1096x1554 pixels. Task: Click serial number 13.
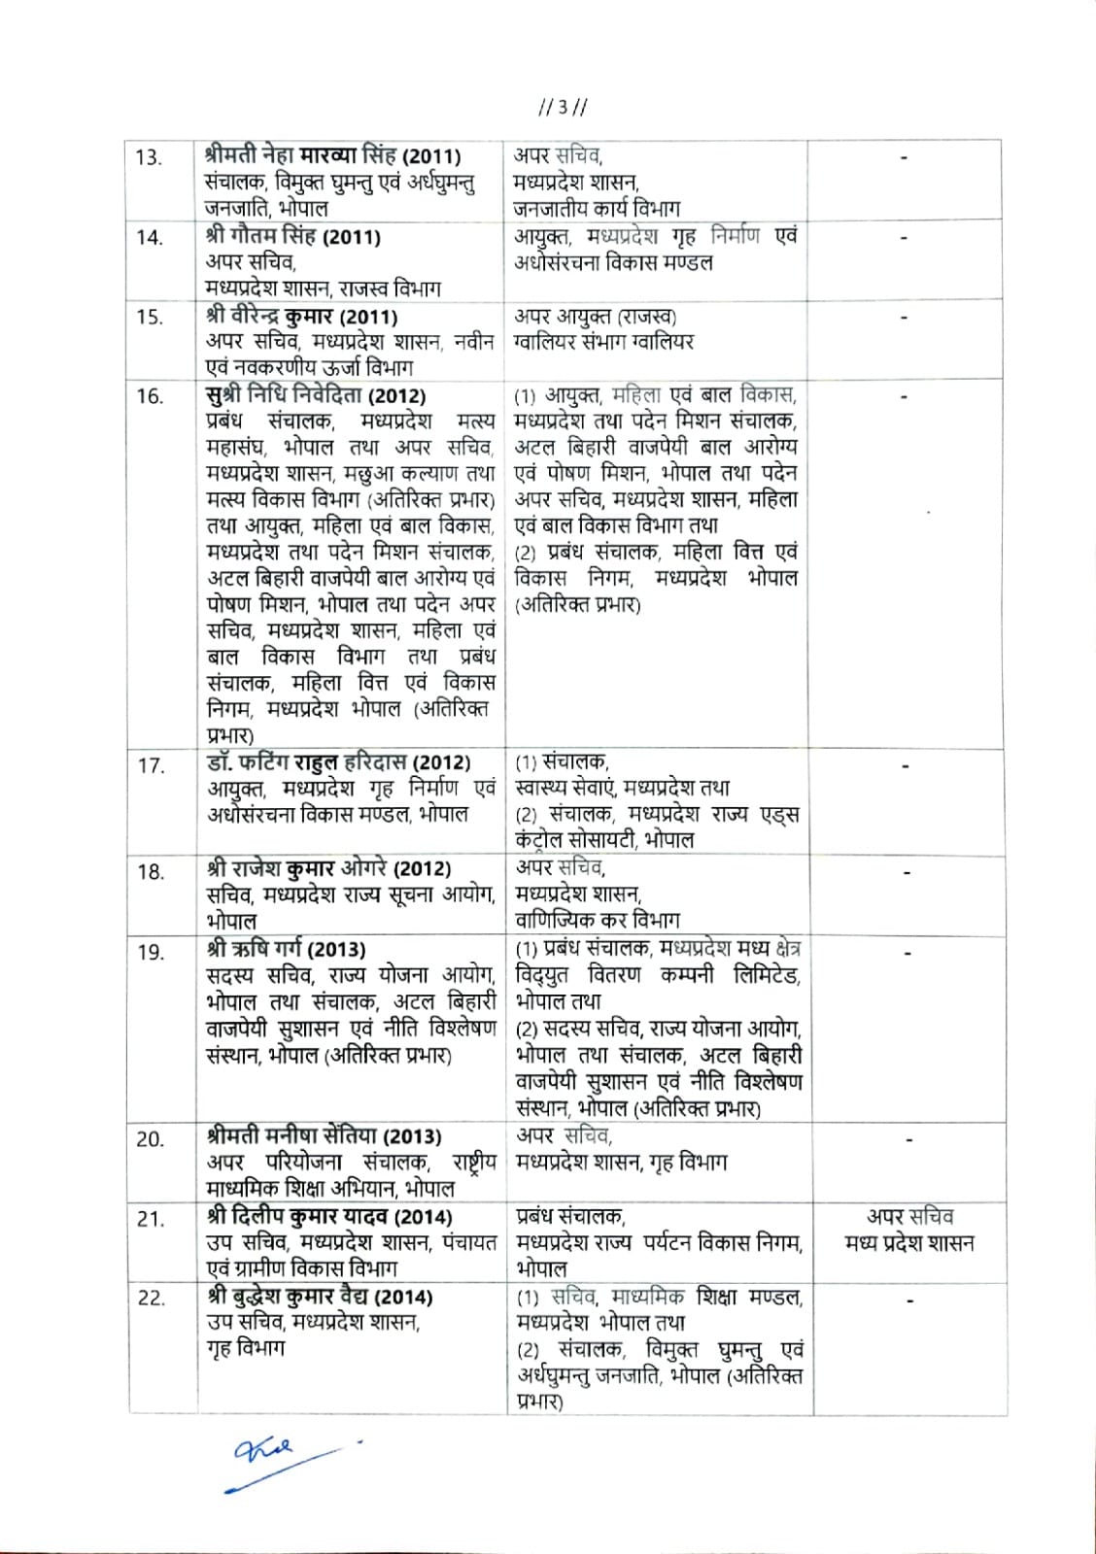click(149, 157)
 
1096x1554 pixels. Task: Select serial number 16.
click(149, 396)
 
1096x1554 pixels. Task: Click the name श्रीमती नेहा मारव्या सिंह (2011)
click(333, 156)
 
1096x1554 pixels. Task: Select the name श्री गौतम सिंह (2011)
click(292, 236)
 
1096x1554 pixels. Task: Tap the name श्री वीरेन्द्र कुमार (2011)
click(301, 317)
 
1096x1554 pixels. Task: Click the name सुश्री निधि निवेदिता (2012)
click(316, 396)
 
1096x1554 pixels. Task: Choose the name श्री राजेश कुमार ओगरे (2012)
click(326, 868)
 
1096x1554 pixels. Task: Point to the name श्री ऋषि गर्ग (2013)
click(286, 949)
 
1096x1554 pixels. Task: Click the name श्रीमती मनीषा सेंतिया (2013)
click(324, 1136)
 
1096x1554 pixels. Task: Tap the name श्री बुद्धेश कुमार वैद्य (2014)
click(320, 1297)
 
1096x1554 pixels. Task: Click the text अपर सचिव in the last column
click(909, 1217)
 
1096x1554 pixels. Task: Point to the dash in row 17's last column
click(905, 766)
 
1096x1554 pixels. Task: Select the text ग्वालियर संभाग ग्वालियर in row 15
click(603, 342)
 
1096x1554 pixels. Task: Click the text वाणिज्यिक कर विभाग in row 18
click(598, 919)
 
